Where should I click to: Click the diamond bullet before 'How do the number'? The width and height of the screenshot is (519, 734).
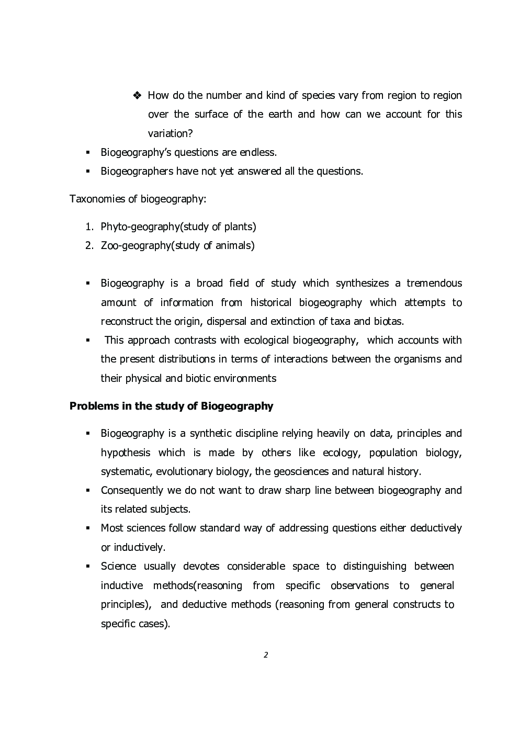[x=138, y=96]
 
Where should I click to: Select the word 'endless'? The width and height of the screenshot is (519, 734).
[x=257, y=152]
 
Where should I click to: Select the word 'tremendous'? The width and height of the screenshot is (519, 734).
[x=434, y=283]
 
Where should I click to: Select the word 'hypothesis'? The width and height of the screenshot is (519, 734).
[x=126, y=453]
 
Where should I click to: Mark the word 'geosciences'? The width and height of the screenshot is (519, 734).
[x=301, y=471]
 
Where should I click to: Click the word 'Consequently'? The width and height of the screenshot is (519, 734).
[x=132, y=490]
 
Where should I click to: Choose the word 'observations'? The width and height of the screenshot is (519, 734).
[x=359, y=585]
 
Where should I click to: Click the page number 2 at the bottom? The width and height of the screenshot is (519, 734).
[x=266, y=654]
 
